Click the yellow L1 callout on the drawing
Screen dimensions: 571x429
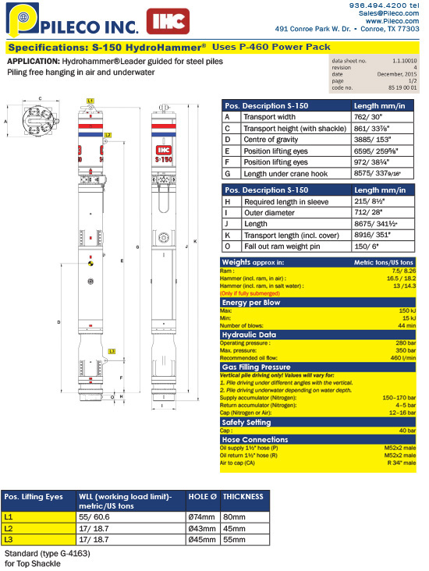coord(90,101)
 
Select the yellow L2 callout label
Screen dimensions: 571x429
coord(108,135)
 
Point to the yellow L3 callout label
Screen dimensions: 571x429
coord(112,352)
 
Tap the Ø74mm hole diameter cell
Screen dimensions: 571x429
coord(202,516)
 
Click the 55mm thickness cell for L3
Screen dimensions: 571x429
coord(232,539)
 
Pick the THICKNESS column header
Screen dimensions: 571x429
coord(243,496)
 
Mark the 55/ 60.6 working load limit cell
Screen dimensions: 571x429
coord(96,516)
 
